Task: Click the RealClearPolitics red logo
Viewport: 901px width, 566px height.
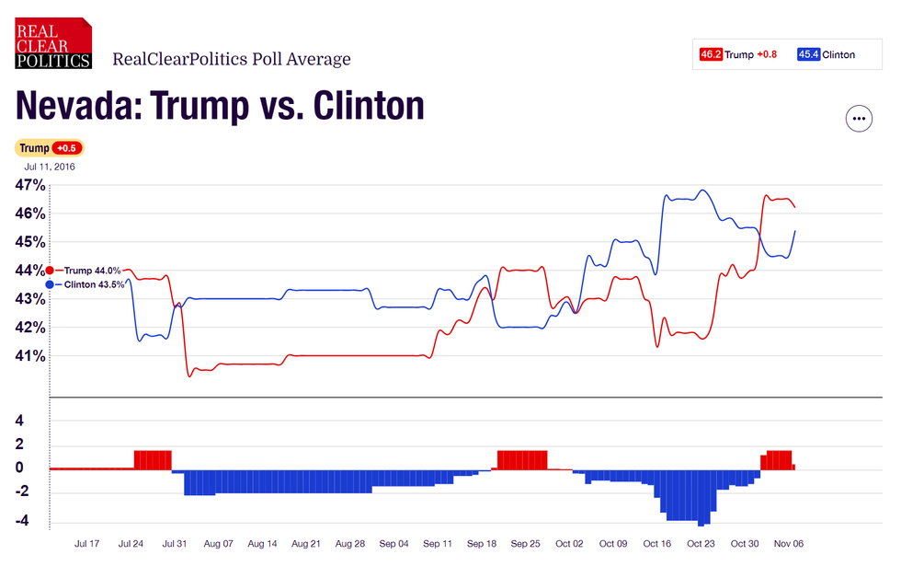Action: click(x=53, y=43)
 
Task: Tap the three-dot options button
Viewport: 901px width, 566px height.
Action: click(x=859, y=119)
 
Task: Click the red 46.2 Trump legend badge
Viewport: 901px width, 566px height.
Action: click(x=711, y=54)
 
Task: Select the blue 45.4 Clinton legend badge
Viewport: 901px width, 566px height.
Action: click(x=809, y=54)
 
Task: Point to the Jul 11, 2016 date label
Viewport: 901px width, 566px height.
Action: click(x=51, y=167)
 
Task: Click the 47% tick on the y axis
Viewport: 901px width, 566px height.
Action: click(x=30, y=185)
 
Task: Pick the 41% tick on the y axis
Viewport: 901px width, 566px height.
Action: click(x=30, y=356)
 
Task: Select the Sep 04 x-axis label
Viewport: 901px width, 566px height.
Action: click(x=393, y=544)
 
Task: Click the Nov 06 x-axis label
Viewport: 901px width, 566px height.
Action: click(x=787, y=544)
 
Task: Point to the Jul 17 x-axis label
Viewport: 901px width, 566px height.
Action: click(x=87, y=544)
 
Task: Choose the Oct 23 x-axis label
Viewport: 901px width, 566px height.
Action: click(x=701, y=544)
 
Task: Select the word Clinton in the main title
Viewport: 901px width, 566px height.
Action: click(x=369, y=107)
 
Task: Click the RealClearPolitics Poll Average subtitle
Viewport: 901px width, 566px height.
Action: click(x=232, y=60)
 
